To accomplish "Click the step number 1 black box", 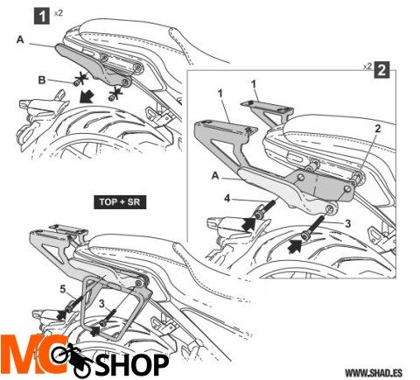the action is point(42,17).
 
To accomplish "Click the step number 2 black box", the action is point(381,70).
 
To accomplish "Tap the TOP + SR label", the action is point(120,202).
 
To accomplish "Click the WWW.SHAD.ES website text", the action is point(374,373).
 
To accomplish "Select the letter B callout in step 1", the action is point(42,81).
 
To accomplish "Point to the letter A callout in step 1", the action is point(20,39).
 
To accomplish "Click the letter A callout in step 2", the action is point(215,176).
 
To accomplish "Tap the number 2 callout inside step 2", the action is point(378,129).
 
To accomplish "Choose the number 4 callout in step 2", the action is point(227,199).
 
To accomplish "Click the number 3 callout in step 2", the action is point(347,223).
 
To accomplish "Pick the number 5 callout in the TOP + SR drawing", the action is point(63,289).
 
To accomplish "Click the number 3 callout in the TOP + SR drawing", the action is point(101,304).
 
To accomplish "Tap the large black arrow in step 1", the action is point(87,97).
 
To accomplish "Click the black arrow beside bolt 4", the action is point(248,224).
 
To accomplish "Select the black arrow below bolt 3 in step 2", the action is point(295,247).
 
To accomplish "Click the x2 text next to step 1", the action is point(59,13).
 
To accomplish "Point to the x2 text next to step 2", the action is point(367,67).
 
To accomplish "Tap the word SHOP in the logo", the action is point(132,364).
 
